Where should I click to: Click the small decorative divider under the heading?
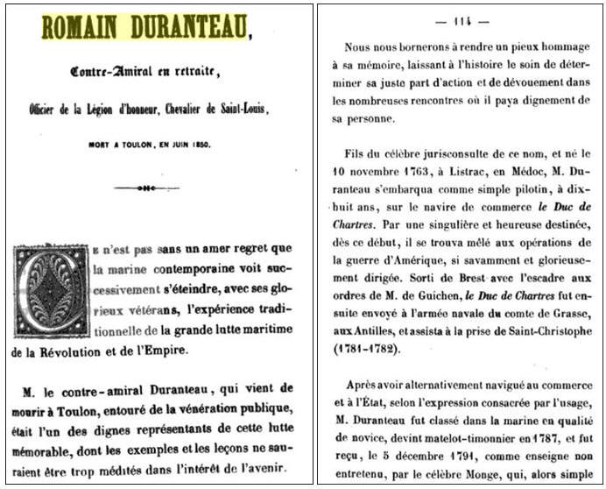pyautogui.click(x=146, y=188)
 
